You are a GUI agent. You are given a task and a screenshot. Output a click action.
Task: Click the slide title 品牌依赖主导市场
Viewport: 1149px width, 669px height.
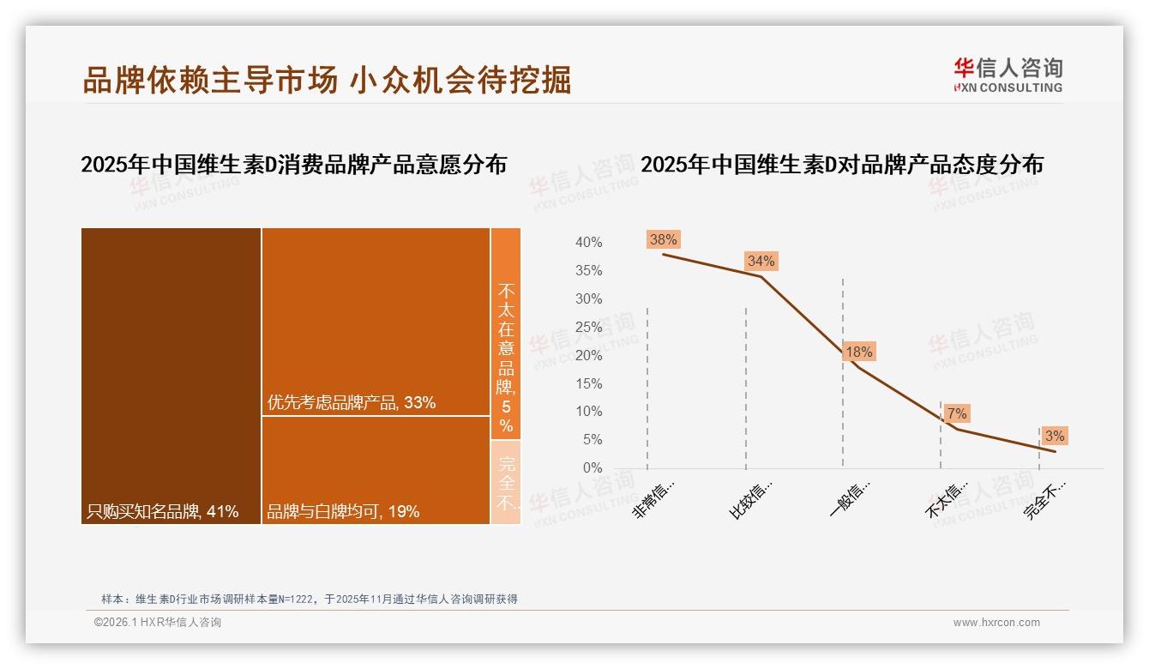(x=210, y=80)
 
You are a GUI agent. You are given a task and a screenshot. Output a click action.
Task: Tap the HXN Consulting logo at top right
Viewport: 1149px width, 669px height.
(x=1008, y=75)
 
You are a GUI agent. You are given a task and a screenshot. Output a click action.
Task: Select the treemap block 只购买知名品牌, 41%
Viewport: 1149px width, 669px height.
(x=171, y=376)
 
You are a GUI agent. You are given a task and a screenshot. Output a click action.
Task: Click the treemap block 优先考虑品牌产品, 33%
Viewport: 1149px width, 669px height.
(x=376, y=322)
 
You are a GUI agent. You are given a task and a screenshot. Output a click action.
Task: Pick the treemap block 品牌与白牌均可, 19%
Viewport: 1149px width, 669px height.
(x=376, y=470)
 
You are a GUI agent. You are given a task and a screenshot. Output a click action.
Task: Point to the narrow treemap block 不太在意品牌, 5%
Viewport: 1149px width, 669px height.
(x=506, y=334)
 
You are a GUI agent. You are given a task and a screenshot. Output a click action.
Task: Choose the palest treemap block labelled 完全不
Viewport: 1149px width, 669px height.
(x=506, y=482)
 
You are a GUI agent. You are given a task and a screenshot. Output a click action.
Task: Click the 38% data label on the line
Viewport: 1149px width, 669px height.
(x=663, y=240)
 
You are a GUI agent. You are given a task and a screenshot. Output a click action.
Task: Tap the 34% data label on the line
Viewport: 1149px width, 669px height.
(x=761, y=261)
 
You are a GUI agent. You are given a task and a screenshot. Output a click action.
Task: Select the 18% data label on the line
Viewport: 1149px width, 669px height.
(x=858, y=352)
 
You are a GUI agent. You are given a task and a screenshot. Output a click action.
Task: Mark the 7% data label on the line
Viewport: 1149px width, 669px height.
(x=957, y=414)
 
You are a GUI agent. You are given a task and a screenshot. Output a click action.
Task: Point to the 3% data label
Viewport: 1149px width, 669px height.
(x=1055, y=436)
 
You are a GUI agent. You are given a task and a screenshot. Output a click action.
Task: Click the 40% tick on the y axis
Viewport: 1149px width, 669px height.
(x=588, y=243)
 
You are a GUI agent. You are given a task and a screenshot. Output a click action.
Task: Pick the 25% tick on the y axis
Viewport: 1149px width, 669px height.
(x=588, y=328)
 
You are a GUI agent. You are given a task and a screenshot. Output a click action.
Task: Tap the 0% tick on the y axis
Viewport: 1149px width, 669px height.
(x=592, y=468)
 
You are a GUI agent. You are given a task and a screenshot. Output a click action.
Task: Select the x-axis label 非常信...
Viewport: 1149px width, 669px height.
(x=653, y=499)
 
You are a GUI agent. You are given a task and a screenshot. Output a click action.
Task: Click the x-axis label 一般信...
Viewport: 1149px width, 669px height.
(x=850, y=499)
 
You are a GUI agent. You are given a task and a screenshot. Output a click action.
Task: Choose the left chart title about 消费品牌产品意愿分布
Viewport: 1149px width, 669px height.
(x=293, y=165)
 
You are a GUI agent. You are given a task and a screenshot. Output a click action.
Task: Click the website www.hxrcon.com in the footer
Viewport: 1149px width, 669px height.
(x=996, y=623)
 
